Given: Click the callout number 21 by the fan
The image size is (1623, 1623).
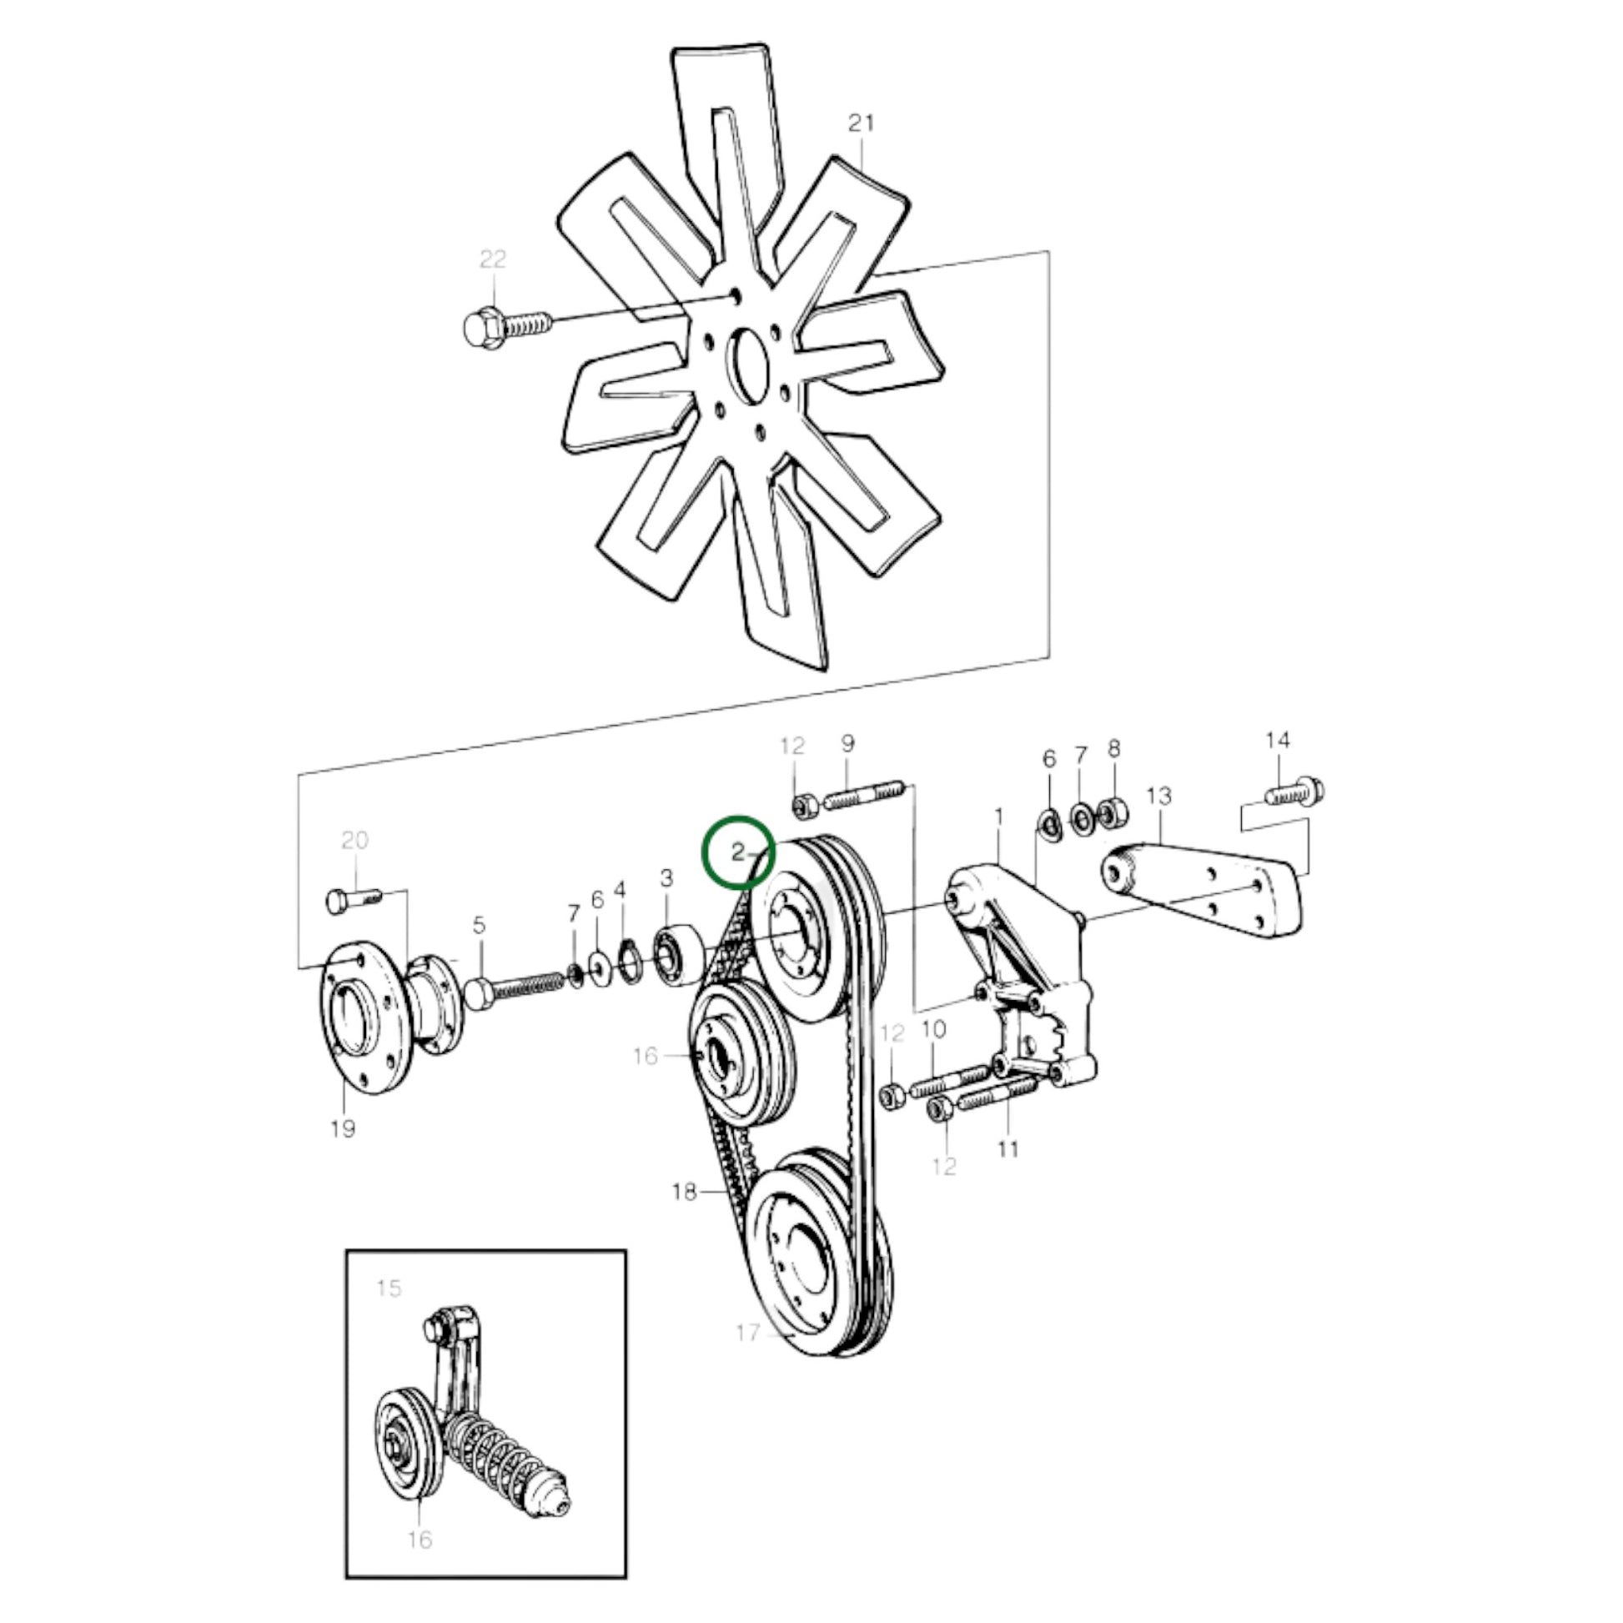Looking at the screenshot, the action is coord(861,123).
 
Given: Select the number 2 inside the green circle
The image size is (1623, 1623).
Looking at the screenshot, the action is coord(737,853).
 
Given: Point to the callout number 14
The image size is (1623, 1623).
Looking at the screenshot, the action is coord(1278,740).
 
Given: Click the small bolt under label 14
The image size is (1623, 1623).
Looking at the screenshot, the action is coord(1294,791).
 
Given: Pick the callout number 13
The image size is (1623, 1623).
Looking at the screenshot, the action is coord(1158,796).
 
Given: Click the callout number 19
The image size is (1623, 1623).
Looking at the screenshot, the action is coord(343,1129).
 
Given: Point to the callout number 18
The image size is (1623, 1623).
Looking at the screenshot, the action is coord(685,1191).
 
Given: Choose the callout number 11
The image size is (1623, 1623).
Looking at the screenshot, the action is coord(1007,1148).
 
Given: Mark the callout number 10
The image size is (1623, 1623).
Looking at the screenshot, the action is coord(933,1029).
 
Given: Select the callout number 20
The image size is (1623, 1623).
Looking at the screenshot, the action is coord(354,840).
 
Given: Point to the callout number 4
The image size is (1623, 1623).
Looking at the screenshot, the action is coord(620,889).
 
